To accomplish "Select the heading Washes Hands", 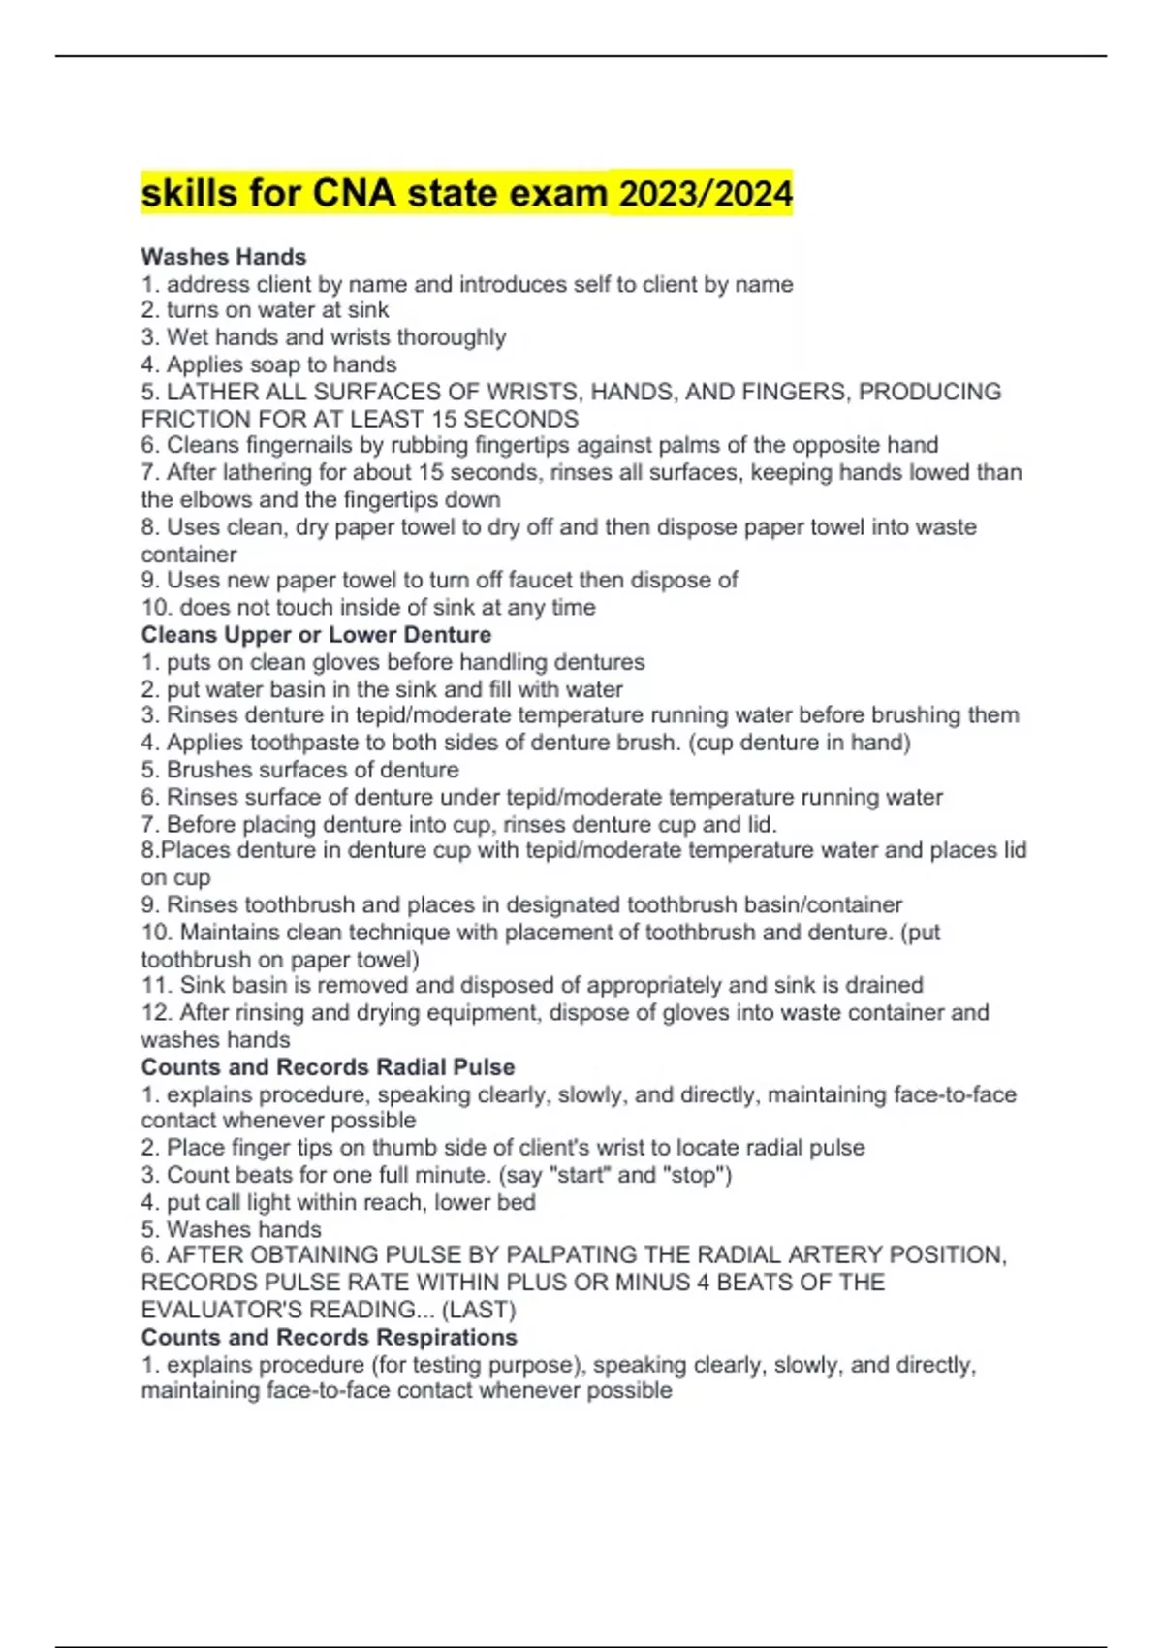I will tap(224, 257).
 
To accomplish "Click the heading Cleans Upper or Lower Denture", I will tap(316, 635).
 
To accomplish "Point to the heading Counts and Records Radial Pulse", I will tap(328, 1067).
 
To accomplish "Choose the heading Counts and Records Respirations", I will tap(329, 1338).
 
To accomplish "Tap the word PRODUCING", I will tap(929, 392).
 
